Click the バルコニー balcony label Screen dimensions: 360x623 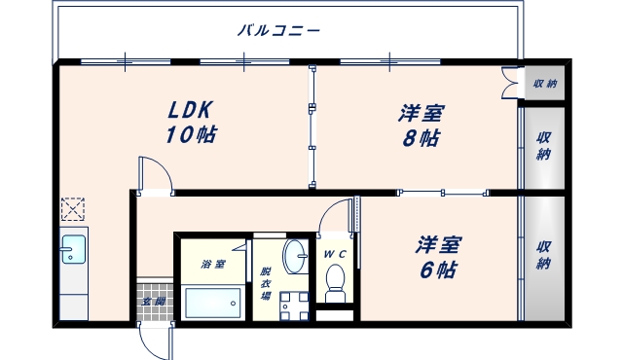tap(279, 30)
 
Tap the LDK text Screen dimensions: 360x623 tap(191, 110)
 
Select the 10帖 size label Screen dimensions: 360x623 tap(191, 135)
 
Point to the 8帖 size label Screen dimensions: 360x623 tap(421, 137)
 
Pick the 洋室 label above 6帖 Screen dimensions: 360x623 tap(439, 245)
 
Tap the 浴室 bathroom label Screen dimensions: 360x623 tap(213, 264)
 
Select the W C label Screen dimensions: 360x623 tap(335, 255)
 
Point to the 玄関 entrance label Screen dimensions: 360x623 tap(153, 302)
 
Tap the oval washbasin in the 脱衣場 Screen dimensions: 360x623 tap(294, 258)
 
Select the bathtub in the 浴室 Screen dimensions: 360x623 tap(213, 303)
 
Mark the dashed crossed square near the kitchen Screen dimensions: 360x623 tap(73, 208)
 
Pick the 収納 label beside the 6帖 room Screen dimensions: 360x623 tap(544, 254)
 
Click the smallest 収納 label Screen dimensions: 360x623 tap(544, 83)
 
